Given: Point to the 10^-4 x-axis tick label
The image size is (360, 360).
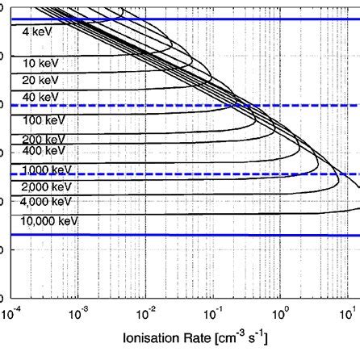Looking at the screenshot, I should point(12,310).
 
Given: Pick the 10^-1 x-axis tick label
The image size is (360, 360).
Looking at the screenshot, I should point(214,310).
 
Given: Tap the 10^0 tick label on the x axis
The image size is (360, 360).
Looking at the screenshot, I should point(282,310).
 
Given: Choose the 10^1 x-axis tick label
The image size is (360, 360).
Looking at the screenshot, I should point(349,310).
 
